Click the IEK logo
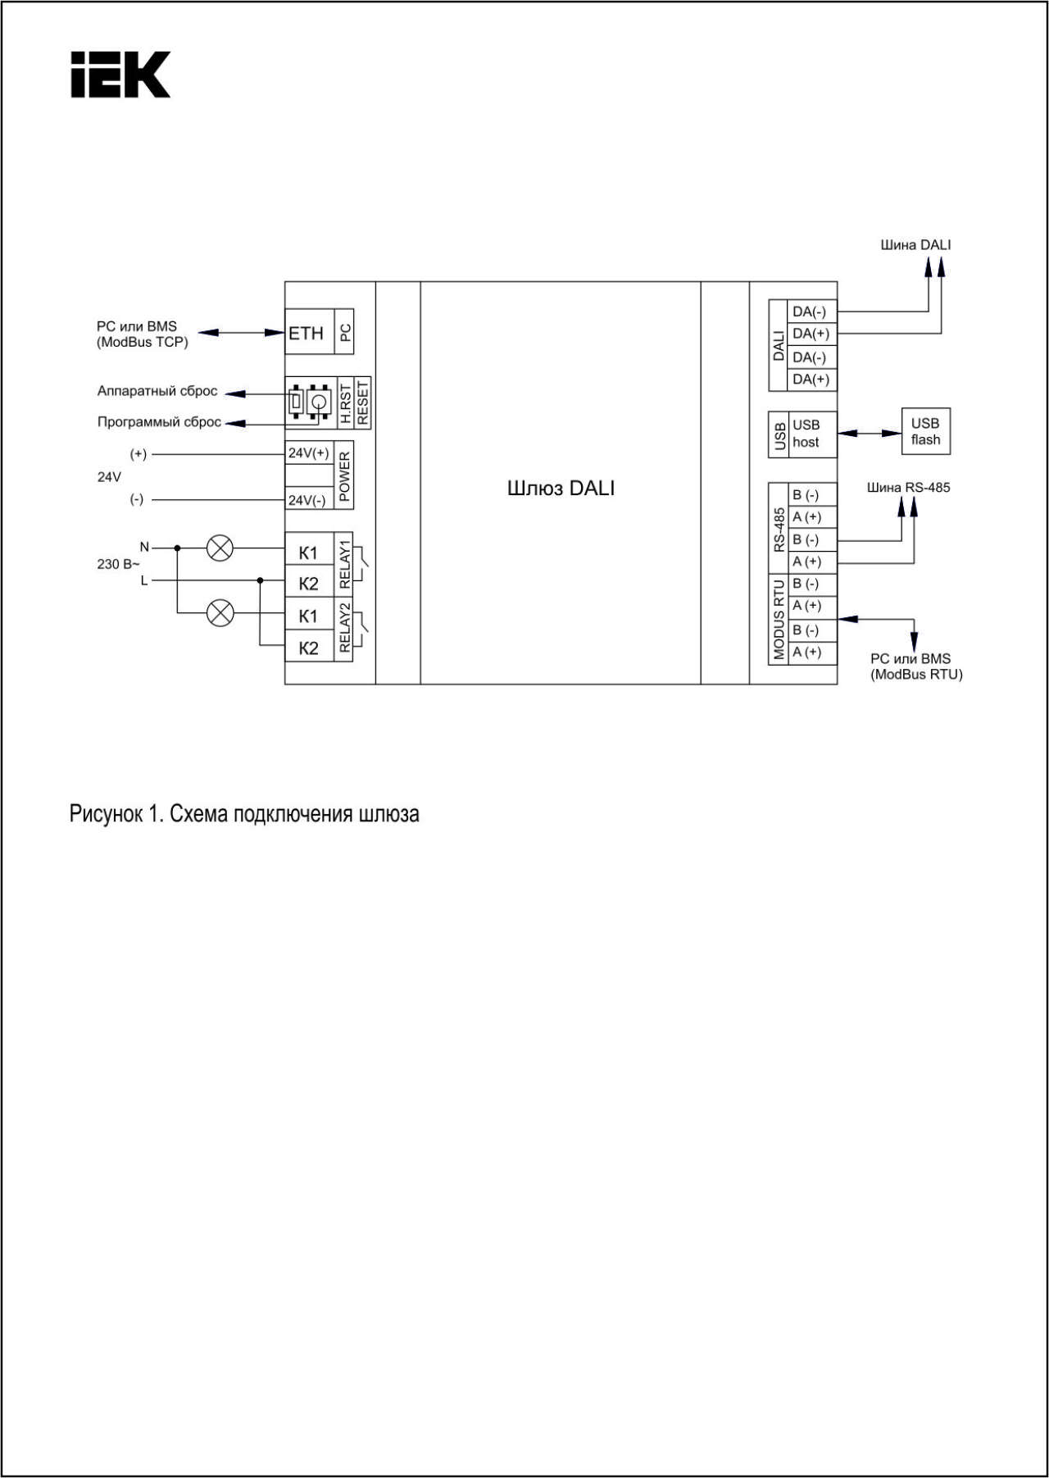click(x=120, y=75)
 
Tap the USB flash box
click(x=926, y=431)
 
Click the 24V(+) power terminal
click(x=309, y=453)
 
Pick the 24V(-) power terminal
click(x=309, y=499)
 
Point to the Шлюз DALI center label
click(x=561, y=489)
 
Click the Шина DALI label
click(x=915, y=245)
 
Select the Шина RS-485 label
click(x=909, y=488)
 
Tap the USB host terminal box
click(x=812, y=434)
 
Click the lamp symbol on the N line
click(x=220, y=548)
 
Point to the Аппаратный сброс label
click(x=157, y=391)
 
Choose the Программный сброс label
click(x=159, y=422)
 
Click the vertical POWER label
click(x=344, y=475)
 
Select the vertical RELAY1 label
click(x=344, y=564)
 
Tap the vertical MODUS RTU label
click(x=779, y=619)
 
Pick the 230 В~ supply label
click(x=119, y=564)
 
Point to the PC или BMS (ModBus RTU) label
click(x=916, y=666)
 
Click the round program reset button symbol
click(x=319, y=402)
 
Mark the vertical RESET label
click(x=363, y=402)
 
